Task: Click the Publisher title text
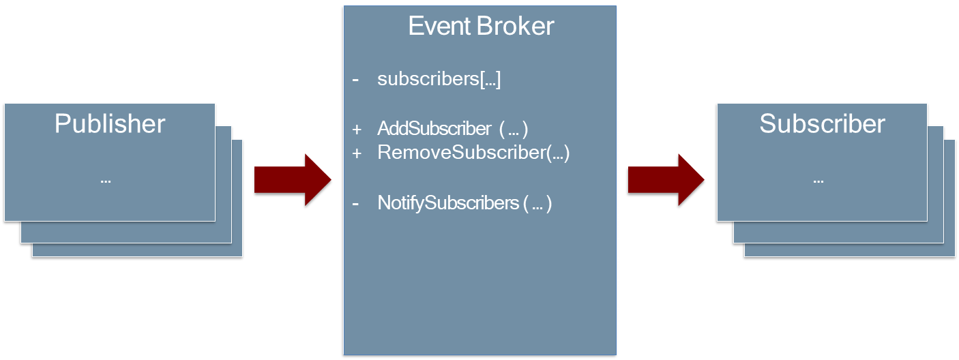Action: [110, 124]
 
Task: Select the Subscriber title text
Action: [822, 124]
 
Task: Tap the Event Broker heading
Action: [481, 27]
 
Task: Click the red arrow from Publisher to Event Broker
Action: [292, 179]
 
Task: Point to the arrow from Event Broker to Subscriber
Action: [666, 179]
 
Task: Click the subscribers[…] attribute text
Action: [439, 79]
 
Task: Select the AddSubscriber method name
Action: [434, 129]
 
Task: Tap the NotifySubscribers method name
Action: [448, 203]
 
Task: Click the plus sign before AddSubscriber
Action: [356, 130]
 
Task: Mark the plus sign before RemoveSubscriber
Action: [356, 153]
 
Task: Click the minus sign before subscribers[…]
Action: [355, 80]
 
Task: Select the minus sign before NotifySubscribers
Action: [355, 203]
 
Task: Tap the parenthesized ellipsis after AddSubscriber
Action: [514, 130]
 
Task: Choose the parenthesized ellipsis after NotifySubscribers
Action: [537, 204]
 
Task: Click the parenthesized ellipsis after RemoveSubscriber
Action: [558, 153]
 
